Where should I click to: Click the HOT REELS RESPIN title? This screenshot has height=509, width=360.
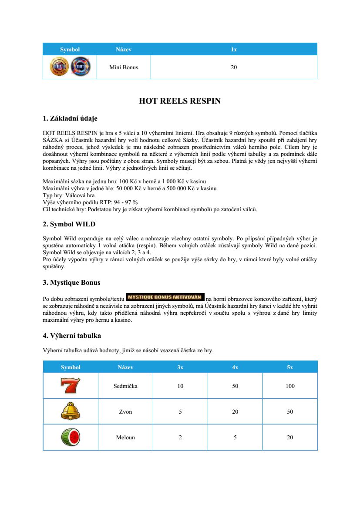point(180,101)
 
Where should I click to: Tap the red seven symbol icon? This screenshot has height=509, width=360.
point(71,386)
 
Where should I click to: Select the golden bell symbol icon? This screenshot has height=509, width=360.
point(71,411)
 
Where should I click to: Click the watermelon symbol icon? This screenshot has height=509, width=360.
point(71,437)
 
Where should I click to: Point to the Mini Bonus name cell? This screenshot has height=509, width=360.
point(124,67)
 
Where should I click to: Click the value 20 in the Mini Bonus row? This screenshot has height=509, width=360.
point(234,67)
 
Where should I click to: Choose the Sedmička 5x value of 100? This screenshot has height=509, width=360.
point(290,386)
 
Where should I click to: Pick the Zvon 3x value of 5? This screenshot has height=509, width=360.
point(180,411)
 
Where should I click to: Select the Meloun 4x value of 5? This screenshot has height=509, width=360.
point(235,437)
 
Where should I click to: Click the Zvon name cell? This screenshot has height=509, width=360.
point(125,411)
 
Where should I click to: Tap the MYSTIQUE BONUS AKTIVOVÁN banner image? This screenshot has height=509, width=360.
point(165,297)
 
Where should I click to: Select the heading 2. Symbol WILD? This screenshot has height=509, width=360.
point(69,224)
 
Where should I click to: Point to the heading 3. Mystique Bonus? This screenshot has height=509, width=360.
point(71,283)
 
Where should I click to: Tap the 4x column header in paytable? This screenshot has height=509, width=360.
point(235,367)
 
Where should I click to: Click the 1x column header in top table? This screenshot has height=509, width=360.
point(234,49)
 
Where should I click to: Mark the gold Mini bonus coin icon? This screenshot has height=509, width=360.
point(59,67)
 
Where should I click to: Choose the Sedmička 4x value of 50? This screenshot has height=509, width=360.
point(235,386)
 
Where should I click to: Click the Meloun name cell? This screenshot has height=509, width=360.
point(125,437)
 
